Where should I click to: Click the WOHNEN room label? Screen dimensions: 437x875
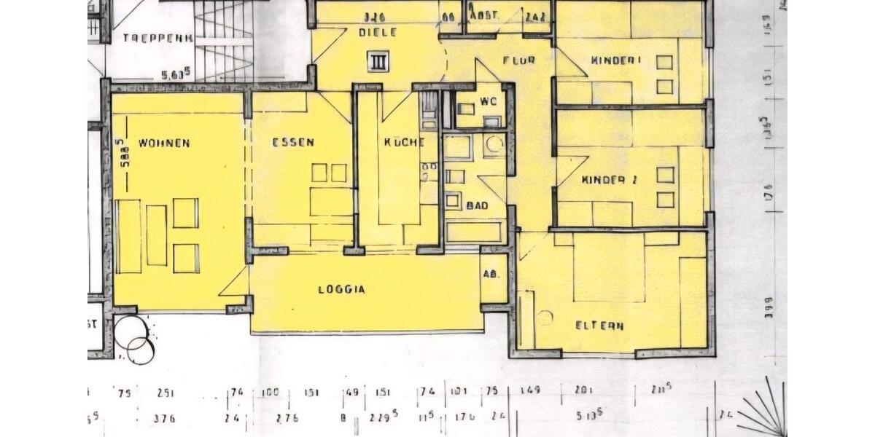tap(164, 143)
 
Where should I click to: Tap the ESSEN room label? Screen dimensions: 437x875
tap(293, 143)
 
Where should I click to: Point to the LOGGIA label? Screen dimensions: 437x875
tap(341, 289)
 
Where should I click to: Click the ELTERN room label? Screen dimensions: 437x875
tap(599, 326)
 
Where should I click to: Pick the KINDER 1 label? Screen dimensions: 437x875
tap(616, 60)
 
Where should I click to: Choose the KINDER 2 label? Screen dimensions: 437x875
tap(610, 179)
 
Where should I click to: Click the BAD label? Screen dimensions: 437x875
tap(476, 205)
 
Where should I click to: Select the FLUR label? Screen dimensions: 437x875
tap(518, 60)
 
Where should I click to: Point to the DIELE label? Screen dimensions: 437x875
tap(378, 33)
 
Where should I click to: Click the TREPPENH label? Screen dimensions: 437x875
tap(157, 38)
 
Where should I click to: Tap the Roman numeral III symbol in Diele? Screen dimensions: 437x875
tap(378, 62)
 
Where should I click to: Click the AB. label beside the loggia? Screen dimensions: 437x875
tap(491, 275)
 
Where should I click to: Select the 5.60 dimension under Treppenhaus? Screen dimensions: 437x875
tap(175, 73)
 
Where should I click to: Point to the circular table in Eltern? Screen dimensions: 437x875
tap(544, 317)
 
